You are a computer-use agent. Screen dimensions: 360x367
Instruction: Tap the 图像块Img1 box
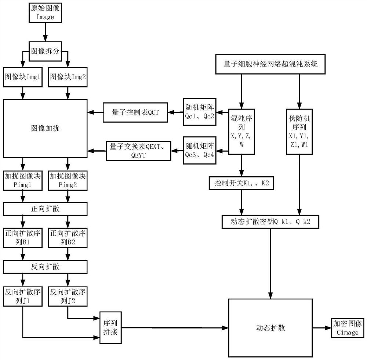pos(23,77)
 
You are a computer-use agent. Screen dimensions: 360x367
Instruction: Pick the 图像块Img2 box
pos(68,77)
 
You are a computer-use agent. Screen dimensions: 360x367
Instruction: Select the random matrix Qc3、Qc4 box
pos(200,151)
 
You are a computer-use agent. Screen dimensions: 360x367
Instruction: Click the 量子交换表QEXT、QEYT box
pos(138,151)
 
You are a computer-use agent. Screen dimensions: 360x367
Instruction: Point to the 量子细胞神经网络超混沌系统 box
pos(270,64)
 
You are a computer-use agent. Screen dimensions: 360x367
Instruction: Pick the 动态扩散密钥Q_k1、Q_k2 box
pos(271,222)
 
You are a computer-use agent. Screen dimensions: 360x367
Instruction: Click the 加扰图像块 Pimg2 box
pos(68,180)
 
